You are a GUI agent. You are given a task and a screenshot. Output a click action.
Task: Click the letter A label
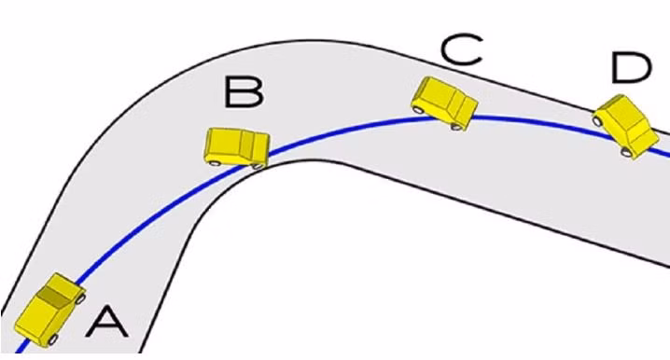106,323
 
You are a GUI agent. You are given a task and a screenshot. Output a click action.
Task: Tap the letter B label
244,91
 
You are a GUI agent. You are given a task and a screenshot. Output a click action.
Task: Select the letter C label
462,50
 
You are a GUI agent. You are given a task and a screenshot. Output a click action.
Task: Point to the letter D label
632,68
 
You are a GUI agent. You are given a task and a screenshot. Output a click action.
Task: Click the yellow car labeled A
50,310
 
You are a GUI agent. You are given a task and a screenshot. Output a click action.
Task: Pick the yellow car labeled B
237,147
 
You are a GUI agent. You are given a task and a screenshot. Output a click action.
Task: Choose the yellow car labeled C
444,104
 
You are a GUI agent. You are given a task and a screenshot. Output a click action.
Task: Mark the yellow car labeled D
626,127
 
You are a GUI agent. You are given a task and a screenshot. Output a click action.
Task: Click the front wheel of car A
80,298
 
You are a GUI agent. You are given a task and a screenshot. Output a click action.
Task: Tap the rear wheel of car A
53,339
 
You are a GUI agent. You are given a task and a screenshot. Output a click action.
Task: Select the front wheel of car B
258,166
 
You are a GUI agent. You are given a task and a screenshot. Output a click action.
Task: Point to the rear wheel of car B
214,162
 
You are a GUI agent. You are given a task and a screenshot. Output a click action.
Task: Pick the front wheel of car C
457,127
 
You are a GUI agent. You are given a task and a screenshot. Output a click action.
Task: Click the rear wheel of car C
417,110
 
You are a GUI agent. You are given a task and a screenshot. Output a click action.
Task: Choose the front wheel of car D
625,151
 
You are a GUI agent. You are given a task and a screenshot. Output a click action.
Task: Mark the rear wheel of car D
597,121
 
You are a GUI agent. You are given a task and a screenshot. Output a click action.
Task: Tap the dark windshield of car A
55,297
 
